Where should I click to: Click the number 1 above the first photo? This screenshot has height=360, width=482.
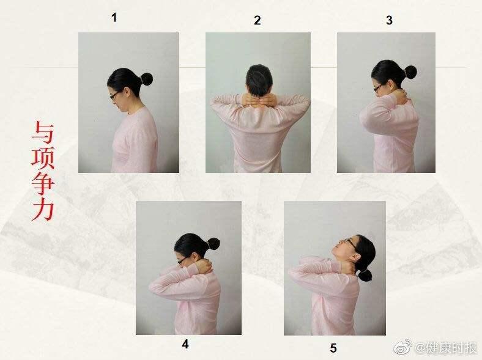[114, 18]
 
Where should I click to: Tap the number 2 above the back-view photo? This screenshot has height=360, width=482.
[258, 20]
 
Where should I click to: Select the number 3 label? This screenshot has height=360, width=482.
[389, 20]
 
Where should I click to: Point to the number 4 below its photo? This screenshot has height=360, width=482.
[185, 344]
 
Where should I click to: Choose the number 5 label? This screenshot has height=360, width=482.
[333, 348]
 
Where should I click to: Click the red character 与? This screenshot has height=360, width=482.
[43, 133]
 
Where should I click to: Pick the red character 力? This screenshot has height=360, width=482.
[43, 210]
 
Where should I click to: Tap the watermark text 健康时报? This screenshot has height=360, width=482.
[450, 348]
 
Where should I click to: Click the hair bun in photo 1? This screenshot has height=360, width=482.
[146, 79]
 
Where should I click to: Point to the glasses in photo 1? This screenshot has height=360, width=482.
[114, 95]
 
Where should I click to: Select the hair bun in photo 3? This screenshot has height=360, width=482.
[410, 72]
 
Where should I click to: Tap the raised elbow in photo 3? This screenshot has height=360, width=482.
[365, 116]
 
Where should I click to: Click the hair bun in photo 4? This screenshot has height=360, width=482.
[213, 244]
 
